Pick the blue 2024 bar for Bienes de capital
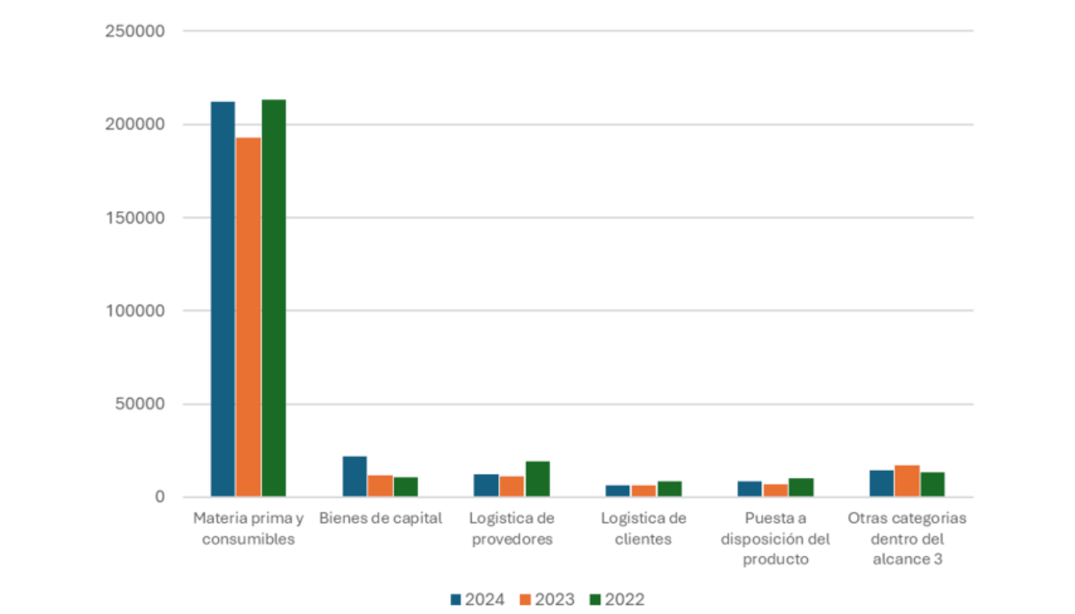pos(354,476)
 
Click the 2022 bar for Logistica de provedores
pos(537,479)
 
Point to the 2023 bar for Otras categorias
pos(907,481)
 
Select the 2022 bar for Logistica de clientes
pos(670,489)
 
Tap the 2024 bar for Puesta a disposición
pos(749,489)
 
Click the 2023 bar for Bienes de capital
pos(380,486)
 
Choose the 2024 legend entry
pos(478,599)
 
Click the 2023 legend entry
pos(547,599)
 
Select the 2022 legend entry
pos(617,599)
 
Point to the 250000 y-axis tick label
pos(135,31)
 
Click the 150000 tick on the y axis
pos(135,218)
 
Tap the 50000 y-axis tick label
pos(139,404)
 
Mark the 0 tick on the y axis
pos(160,497)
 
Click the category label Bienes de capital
pos(380,518)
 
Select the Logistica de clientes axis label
pos(643,528)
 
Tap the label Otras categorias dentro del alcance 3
pos(907,538)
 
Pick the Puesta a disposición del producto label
pos(775,538)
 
